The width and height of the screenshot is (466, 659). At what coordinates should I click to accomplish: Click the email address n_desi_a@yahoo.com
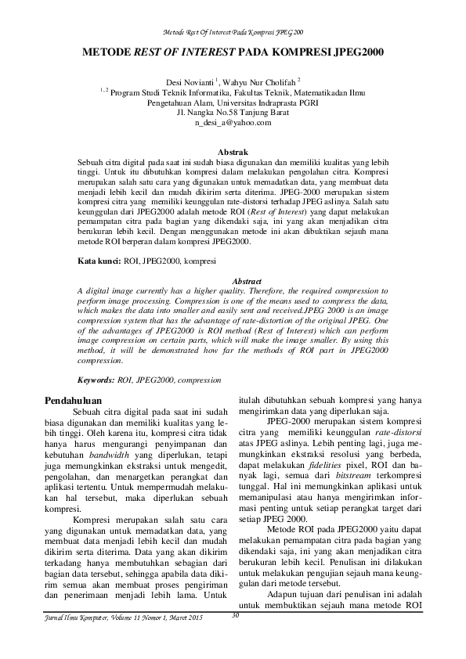pyautogui.click(x=233, y=122)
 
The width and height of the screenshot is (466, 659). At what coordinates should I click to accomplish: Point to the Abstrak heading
pyautogui.click(x=233, y=151)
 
